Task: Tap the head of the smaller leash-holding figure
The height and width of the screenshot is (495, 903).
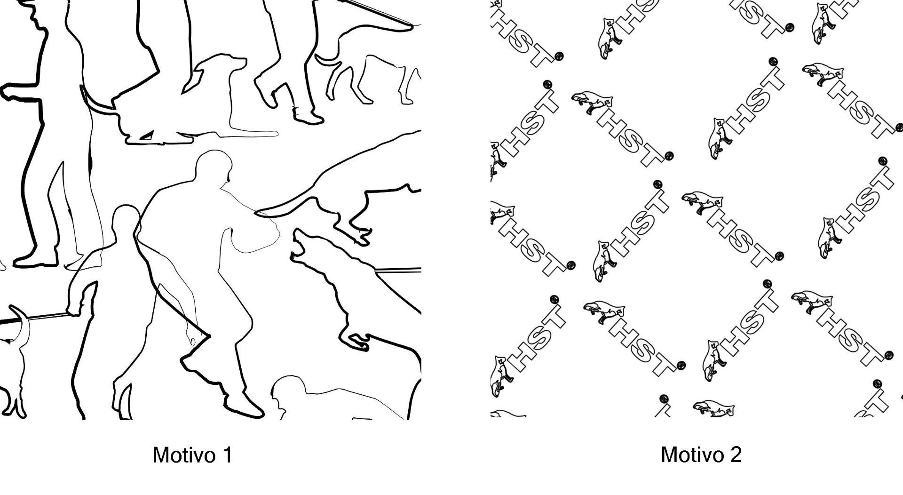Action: pyautogui.click(x=126, y=221)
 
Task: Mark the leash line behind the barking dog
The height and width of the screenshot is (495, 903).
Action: pyautogui.click(x=399, y=271)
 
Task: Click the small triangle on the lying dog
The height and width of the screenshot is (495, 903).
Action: pyautogui.click(x=147, y=136)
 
